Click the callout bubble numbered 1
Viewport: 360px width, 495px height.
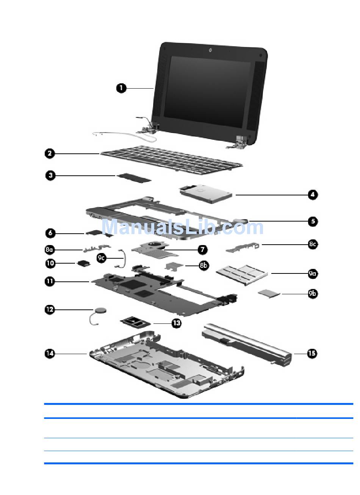click(121, 88)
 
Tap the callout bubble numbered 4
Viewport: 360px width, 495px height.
click(312, 195)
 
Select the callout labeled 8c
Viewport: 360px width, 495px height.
click(312, 245)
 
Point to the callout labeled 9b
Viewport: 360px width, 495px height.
click(312, 294)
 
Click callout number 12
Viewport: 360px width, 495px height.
click(50, 309)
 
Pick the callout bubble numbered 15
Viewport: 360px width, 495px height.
click(311, 353)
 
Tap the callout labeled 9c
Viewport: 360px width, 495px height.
click(102, 258)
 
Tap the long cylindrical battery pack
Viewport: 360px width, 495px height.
click(246, 343)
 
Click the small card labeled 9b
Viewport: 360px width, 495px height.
click(269, 292)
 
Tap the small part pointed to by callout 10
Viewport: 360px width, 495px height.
click(84, 263)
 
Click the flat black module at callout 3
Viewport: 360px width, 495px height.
click(134, 177)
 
